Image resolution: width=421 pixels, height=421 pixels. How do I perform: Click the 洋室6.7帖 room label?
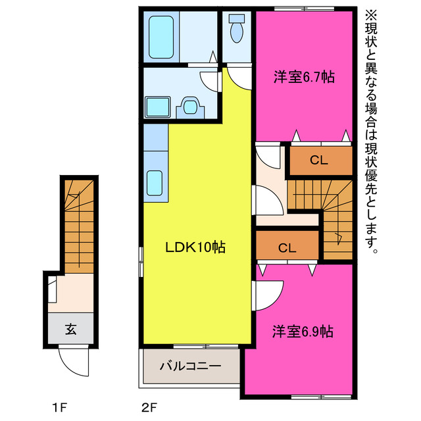[304, 78]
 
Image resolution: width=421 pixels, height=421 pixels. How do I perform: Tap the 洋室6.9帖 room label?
[303, 331]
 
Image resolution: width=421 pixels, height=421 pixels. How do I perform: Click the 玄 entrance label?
[70, 330]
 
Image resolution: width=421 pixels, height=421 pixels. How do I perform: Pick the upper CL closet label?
[320, 159]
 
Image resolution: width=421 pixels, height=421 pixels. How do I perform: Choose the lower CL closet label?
[287, 248]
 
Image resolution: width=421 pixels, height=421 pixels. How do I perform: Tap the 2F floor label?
[149, 405]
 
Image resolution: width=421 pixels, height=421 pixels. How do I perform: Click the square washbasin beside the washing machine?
[157, 106]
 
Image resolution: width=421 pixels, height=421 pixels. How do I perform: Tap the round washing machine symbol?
[191, 105]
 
